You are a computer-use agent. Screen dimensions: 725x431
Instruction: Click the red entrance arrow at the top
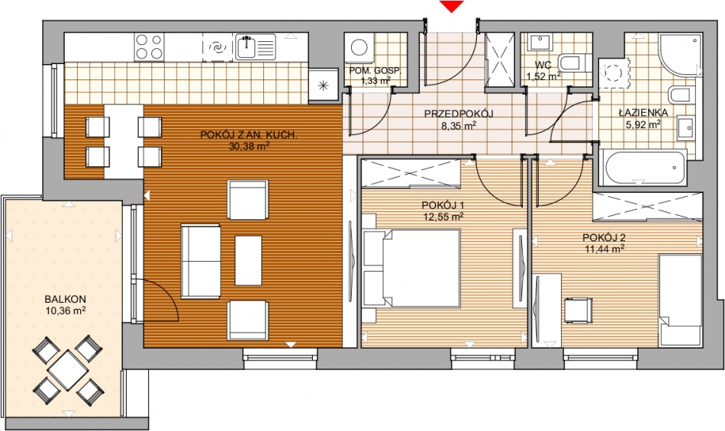tap(451, 6)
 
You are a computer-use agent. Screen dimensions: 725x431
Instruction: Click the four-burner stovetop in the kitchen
tap(150, 47)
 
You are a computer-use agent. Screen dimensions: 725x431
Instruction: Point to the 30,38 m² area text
tap(250, 146)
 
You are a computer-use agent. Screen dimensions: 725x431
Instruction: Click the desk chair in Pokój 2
tap(578, 310)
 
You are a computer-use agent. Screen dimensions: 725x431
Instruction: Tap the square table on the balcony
tap(68, 371)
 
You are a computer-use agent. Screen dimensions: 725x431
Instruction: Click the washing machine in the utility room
tap(359, 47)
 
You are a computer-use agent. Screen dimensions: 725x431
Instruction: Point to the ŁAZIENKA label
tap(643, 113)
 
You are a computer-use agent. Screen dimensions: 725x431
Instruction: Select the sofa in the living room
tap(200, 262)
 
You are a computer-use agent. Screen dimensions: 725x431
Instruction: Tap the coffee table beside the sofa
tap(248, 261)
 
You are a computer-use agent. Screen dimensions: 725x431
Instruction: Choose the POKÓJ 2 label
tap(604, 238)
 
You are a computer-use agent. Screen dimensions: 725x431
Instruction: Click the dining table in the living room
tap(124, 141)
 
